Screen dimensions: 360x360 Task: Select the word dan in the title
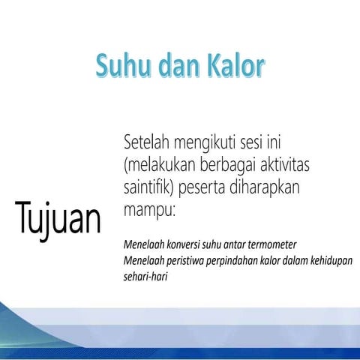coord(174,66)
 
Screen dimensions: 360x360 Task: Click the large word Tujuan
coord(57,219)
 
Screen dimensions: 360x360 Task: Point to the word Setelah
coord(148,141)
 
